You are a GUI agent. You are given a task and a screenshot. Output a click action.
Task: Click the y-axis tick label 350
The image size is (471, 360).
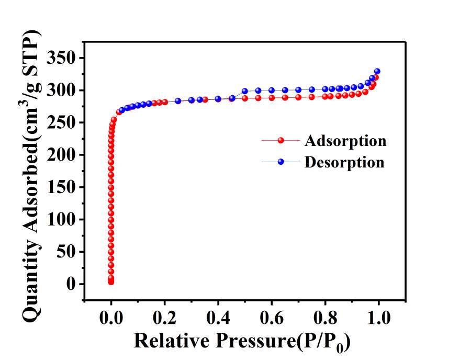62,58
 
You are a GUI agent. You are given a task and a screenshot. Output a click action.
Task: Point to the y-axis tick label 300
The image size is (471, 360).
62,91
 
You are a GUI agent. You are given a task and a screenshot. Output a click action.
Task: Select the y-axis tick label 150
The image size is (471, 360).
62,187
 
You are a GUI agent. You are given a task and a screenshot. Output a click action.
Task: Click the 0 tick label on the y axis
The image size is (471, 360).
72,284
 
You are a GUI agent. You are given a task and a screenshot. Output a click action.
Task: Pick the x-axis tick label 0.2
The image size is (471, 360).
164,318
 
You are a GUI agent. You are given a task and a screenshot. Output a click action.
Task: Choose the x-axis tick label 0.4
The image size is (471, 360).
218,318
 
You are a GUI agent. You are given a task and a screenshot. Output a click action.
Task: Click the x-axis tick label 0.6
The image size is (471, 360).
272,318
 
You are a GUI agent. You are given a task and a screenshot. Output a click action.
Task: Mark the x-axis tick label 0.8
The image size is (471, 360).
325,318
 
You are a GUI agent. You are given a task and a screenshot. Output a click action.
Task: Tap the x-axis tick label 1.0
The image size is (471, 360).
378,318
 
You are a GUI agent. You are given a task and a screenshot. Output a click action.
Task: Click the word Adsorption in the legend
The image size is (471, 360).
345,141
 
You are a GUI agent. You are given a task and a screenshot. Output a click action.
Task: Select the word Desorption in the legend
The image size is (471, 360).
344,162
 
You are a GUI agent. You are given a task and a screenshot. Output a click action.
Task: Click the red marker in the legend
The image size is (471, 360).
281,141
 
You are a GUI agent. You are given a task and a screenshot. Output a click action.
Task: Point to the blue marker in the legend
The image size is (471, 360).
281,162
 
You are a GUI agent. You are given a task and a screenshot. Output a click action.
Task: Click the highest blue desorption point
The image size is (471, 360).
377,71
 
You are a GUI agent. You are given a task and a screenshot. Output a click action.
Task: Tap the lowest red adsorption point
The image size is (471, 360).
111,283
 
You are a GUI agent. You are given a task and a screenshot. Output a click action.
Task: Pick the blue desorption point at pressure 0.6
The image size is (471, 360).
272,90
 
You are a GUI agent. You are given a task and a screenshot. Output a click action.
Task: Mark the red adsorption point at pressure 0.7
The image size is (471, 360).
298,97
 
